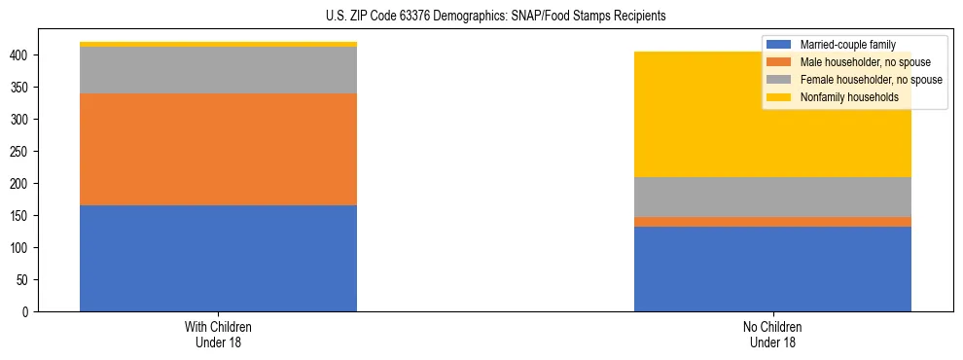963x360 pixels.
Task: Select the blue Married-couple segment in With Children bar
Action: click(x=218, y=258)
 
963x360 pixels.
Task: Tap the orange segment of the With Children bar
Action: click(x=218, y=149)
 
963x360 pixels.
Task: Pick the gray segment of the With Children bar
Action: click(x=218, y=70)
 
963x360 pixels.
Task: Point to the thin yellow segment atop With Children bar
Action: click(x=218, y=44)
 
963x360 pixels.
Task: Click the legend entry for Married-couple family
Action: click(x=841, y=45)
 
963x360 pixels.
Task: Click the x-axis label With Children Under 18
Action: click(x=218, y=334)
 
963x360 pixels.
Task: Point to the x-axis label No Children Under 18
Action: click(x=772, y=334)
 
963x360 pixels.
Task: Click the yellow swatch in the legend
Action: click(x=779, y=97)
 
